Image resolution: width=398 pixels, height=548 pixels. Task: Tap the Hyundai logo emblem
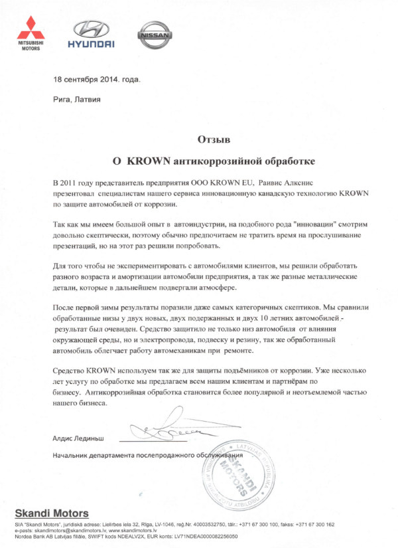(90, 29)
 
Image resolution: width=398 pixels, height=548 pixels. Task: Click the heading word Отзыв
(214, 139)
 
